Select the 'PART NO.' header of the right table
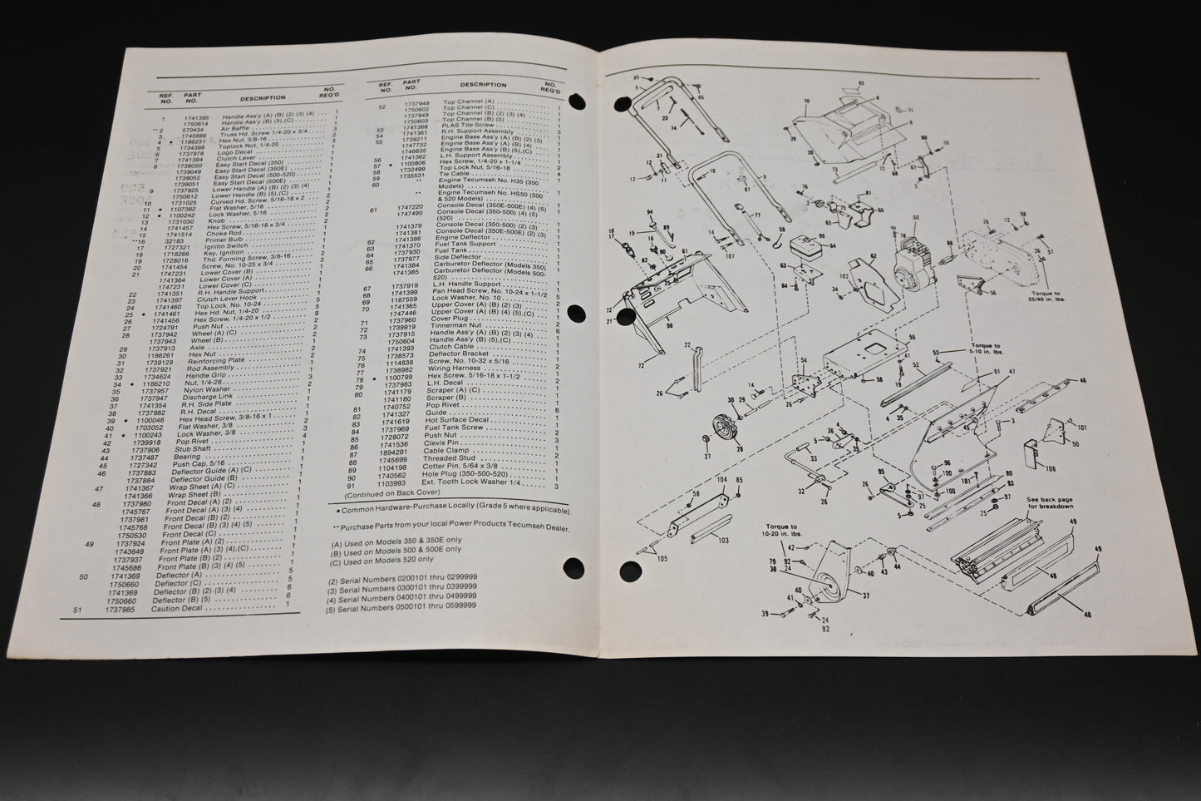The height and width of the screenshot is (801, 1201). click(x=411, y=85)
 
